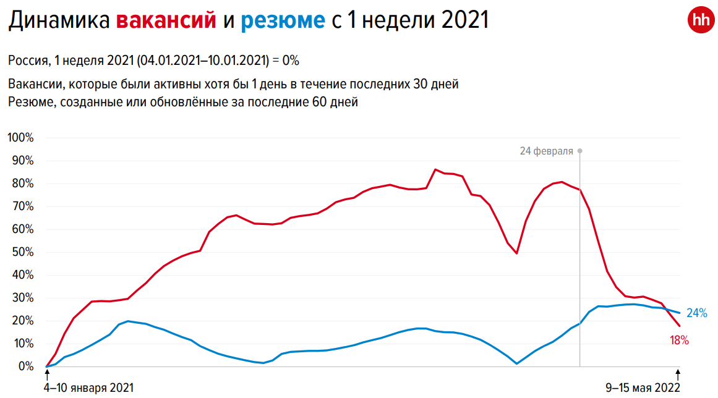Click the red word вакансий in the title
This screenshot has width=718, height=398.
pos(166,21)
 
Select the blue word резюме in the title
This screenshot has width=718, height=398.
pos(283,21)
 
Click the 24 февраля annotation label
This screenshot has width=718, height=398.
pos(546,151)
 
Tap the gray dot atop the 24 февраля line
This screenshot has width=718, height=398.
pos(579,151)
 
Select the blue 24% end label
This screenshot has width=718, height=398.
pos(696,313)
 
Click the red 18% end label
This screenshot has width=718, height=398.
pos(678,340)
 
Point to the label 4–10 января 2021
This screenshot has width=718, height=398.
pos(89,387)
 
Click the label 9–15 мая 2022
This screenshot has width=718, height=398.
pos(643,387)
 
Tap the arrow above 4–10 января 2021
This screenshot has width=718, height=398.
pos(47,373)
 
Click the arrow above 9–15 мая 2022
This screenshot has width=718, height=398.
pos(678,373)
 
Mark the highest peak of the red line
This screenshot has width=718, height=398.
pos(435,169)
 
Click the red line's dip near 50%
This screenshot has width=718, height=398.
pos(516,253)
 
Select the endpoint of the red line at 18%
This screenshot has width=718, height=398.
pos(679,326)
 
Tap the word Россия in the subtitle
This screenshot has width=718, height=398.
pos(28,61)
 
